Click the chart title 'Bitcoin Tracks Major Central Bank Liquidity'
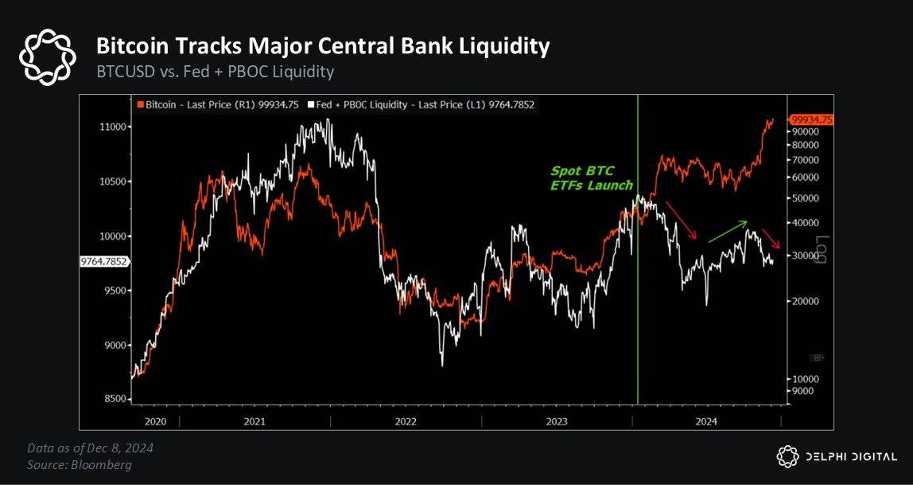[322, 46]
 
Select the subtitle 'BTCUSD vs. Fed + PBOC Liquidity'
[215, 72]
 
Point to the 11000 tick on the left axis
[111, 127]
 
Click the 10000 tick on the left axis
[111, 237]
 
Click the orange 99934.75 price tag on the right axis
[810, 119]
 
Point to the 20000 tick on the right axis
[804, 302]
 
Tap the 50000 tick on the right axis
[804, 198]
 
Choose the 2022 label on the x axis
[406, 420]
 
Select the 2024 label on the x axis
[706, 420]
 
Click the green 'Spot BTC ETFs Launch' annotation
[592, 178]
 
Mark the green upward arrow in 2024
[727, 231]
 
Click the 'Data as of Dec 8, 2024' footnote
[90, 448]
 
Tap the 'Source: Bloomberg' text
[80, 464]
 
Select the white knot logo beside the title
[47, 57]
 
